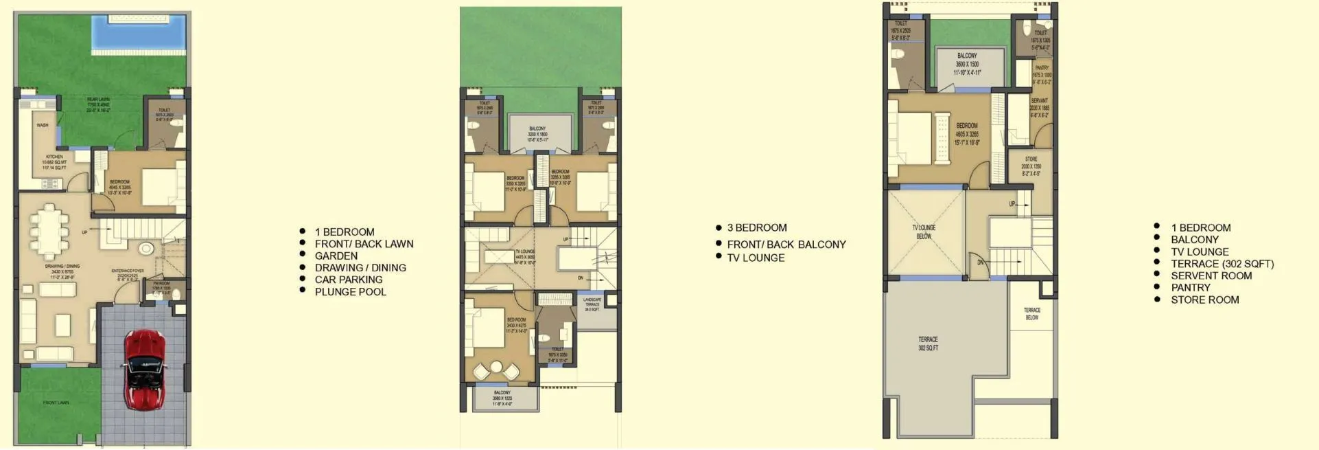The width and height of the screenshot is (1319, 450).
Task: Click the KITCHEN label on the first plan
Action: [x=54, y=157]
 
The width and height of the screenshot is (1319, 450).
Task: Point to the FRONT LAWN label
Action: [x=56, y=403]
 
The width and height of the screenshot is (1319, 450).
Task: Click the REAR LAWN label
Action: [x=98, y=100]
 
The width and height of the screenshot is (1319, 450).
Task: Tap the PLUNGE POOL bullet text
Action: [x=350, y=292]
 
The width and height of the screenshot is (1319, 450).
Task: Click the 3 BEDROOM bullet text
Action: [x=756, y=228]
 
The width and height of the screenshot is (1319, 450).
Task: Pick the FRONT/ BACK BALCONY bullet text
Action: [x=786, y=245]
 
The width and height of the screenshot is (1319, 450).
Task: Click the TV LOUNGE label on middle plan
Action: [x=525, y=252]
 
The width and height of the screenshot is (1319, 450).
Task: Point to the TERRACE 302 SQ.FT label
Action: [x=928, y=344]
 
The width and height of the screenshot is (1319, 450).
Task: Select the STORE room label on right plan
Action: [x=1031, y=159]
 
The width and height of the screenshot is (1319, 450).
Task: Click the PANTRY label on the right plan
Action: [x=1041, y=68]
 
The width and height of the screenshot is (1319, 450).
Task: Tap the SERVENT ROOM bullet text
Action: [x=1211, y=276]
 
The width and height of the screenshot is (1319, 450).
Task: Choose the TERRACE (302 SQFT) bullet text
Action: [x=1222, y=264]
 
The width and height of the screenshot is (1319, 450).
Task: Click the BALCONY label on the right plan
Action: [x=966, y=56]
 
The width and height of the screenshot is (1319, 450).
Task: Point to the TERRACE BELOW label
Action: [x=1031, y=313]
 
